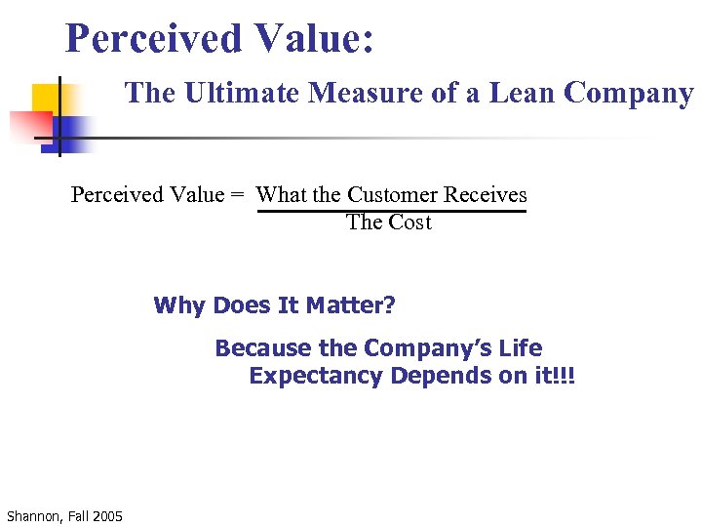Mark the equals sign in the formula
pyautogui.click(x=237, y=195)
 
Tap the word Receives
pyautogui.click(x=486, y=195)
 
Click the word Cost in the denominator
pyautogui.click(x=410, y=223)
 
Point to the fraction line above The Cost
pyautogui.click(x=390, y=210)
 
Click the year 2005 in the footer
pyautogui.click(x=106, y=515)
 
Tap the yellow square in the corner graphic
pyautogui.click(x=45, y=99)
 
